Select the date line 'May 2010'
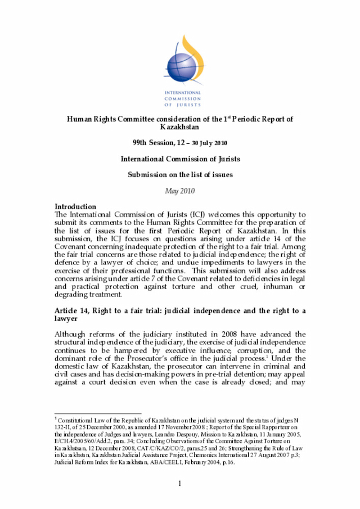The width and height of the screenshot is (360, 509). pos(179,191)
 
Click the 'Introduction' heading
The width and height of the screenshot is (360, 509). pos(75,207)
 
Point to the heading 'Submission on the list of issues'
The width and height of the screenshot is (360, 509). pos(179,175)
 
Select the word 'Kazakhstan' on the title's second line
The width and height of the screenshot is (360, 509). pos(179,127)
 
